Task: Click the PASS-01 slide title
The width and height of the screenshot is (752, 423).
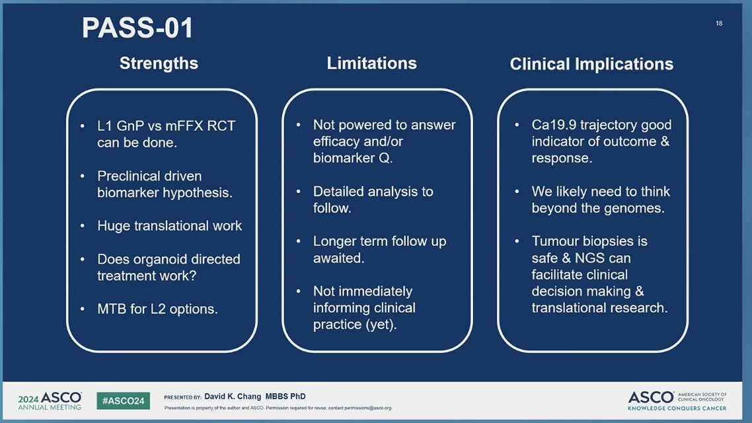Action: click(137, 28)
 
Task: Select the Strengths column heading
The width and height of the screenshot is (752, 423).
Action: click(159, 63)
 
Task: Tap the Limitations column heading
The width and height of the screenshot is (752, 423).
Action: click(371, 63)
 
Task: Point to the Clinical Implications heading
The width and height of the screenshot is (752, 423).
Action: click(591, 64)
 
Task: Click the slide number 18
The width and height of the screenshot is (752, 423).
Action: click(719, 23)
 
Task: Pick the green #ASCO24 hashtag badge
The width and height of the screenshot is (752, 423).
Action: click(124, 401)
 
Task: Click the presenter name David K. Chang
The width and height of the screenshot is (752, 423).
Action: click(233, 396)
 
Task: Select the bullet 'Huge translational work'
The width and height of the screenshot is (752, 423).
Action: click(169, 225)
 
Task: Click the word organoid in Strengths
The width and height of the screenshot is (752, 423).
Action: click(169, 260)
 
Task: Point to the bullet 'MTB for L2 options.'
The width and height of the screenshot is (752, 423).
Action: click(157, 309)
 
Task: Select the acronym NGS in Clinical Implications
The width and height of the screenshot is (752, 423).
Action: click(589, 258)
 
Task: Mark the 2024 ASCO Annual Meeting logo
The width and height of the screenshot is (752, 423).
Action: click(50, 401)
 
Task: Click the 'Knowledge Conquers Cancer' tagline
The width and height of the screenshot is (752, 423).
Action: click(677, 408)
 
